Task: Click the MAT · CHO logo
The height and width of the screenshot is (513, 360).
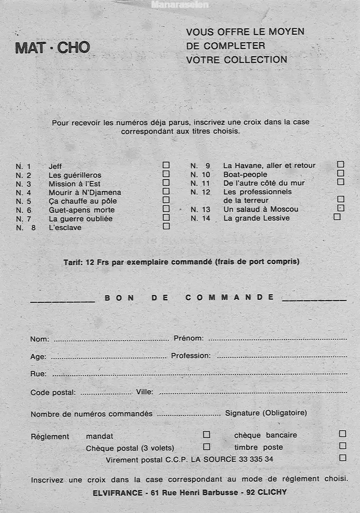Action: tap(52, 47)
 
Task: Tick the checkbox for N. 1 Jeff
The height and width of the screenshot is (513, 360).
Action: tap(166, 165)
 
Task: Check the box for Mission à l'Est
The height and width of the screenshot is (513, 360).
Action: tap(166, 182)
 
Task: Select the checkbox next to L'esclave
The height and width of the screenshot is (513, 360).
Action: tap(166, 226)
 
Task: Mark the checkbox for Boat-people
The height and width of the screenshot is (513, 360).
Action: tap(341, 173)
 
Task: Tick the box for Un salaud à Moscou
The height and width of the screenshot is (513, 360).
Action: tap(341, 208)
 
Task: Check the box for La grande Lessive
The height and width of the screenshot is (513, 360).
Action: tap(337, 216)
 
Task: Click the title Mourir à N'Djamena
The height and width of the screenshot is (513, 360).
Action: tap(85, 193)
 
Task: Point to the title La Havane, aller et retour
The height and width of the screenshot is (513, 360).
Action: tap(269, 166)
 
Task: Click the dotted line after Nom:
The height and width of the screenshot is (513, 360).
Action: tap(111, 340)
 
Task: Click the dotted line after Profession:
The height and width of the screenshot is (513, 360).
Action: tap(282, 356)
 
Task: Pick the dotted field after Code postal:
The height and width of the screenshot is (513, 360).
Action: tap(106, 393)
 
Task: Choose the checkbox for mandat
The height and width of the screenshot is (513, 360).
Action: tap(207, 434)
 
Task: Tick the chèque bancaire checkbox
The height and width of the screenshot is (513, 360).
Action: tap(342, 434)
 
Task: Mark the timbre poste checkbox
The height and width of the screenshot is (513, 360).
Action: tap(342, 446)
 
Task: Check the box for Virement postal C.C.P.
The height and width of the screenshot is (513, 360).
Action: tap(342, 458)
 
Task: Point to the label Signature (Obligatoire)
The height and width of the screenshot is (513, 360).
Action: tap(266, 413)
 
